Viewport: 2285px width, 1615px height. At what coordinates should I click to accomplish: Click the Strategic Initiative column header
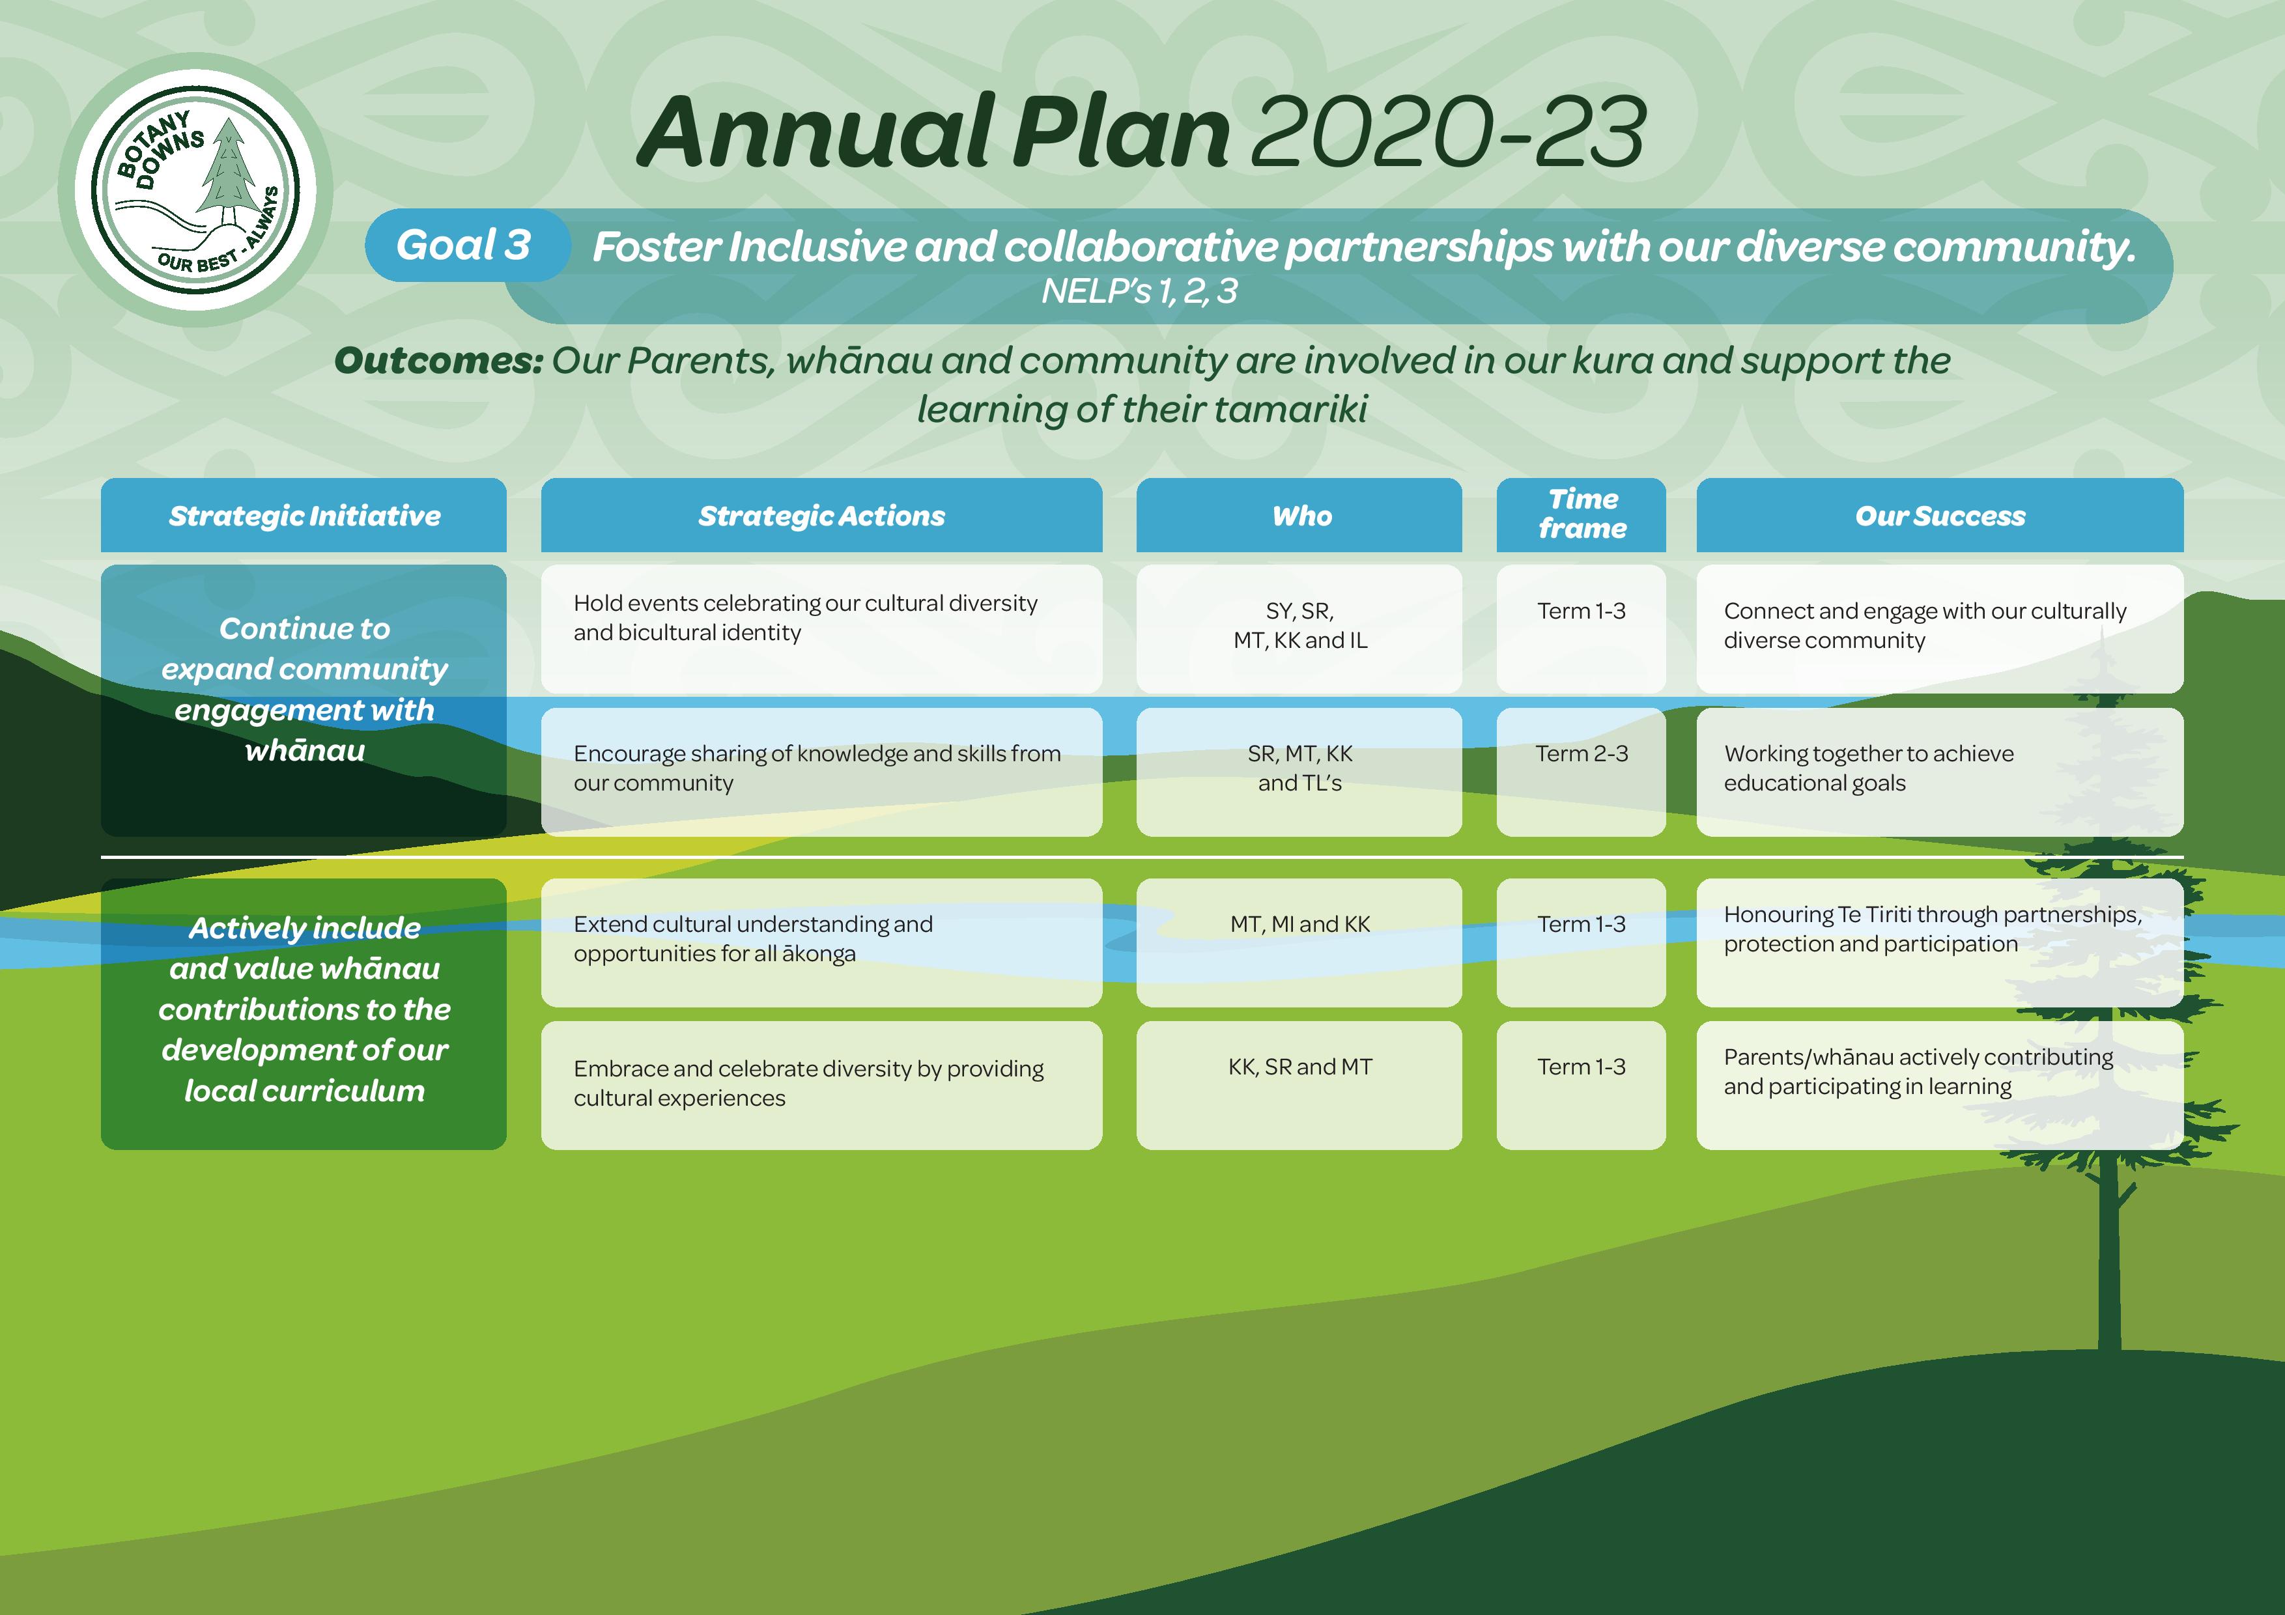[304, 516]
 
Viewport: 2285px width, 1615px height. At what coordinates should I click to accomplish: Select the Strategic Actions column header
[821, 516]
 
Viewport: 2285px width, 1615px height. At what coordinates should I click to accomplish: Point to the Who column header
[1299, 516]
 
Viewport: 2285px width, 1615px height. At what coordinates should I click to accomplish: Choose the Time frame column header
[1580, 516]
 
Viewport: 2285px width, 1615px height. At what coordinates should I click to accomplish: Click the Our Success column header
[1940, 516]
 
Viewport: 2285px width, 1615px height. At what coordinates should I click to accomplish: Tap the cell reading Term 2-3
[1580, 772]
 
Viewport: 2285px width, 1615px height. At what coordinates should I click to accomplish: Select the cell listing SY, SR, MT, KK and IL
[1299, 629]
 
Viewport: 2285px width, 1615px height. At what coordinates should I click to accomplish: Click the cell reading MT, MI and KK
[1299, 942]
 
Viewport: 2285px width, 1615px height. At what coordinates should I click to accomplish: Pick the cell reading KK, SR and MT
[1299, 1086]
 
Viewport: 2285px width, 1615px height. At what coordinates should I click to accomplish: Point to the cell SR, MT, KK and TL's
[1299, 772]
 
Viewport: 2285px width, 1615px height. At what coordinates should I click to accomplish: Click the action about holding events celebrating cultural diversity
[821, 629]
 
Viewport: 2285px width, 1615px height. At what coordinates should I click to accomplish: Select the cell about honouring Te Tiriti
[1940, 942]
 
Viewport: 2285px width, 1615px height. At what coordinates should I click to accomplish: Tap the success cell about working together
[1940, 772]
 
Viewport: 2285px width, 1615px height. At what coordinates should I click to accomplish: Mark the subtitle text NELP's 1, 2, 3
[1139, 290]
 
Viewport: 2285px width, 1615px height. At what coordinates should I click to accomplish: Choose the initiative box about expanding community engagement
[304, 701]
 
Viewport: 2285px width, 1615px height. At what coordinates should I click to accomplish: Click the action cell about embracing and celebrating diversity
[821, 1086]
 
